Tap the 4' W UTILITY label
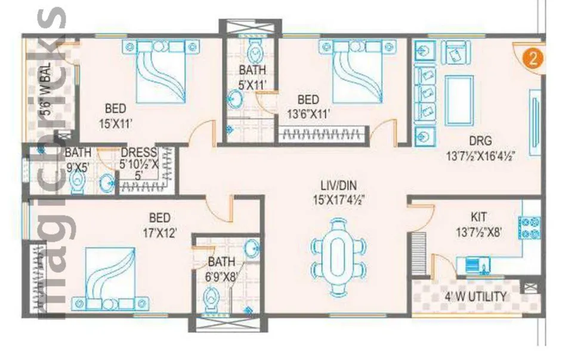(x=476, y=297)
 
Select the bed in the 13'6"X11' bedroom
(x=356, y=72)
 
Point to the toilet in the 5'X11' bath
(x=255, y=53)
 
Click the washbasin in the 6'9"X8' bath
(x=252, y=247)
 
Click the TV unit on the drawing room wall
(x=535, y=114)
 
